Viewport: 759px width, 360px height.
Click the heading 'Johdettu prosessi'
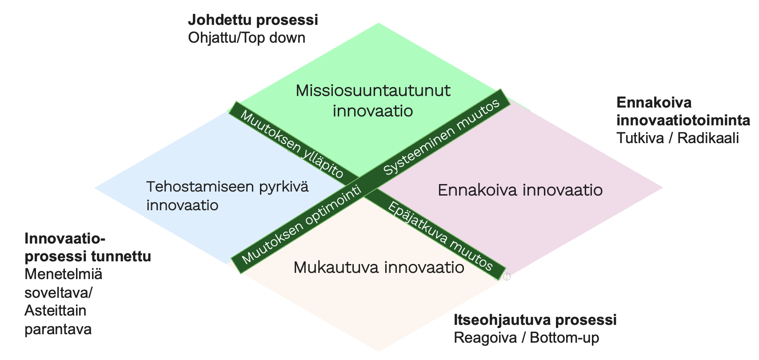[253, 20]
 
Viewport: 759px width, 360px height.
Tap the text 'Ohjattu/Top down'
[247, 38]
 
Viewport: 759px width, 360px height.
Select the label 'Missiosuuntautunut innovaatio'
[373, 101]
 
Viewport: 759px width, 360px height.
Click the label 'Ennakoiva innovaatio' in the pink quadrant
[520, 190]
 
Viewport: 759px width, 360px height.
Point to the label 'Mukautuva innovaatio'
[379, 268]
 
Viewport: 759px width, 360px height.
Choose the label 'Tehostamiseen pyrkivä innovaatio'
[228, 196]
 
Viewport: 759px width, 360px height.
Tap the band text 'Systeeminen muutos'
[442, 136]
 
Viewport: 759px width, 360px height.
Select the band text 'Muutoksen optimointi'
[302, 225]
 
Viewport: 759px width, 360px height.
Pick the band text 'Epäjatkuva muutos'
[440, 236]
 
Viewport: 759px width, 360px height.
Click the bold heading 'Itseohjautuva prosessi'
[535, 320]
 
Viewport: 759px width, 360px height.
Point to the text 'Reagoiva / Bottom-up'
[526, 338]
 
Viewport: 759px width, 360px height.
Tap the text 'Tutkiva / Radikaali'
[678, 138]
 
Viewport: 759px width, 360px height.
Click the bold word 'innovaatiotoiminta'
[683, 120]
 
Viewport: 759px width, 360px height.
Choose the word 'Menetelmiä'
[64, 274]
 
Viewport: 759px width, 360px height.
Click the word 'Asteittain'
[56, 311]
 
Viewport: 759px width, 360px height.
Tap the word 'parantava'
[58, 329]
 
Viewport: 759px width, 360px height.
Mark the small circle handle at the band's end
[507, 277]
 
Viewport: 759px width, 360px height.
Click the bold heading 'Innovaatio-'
[65, 239]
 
